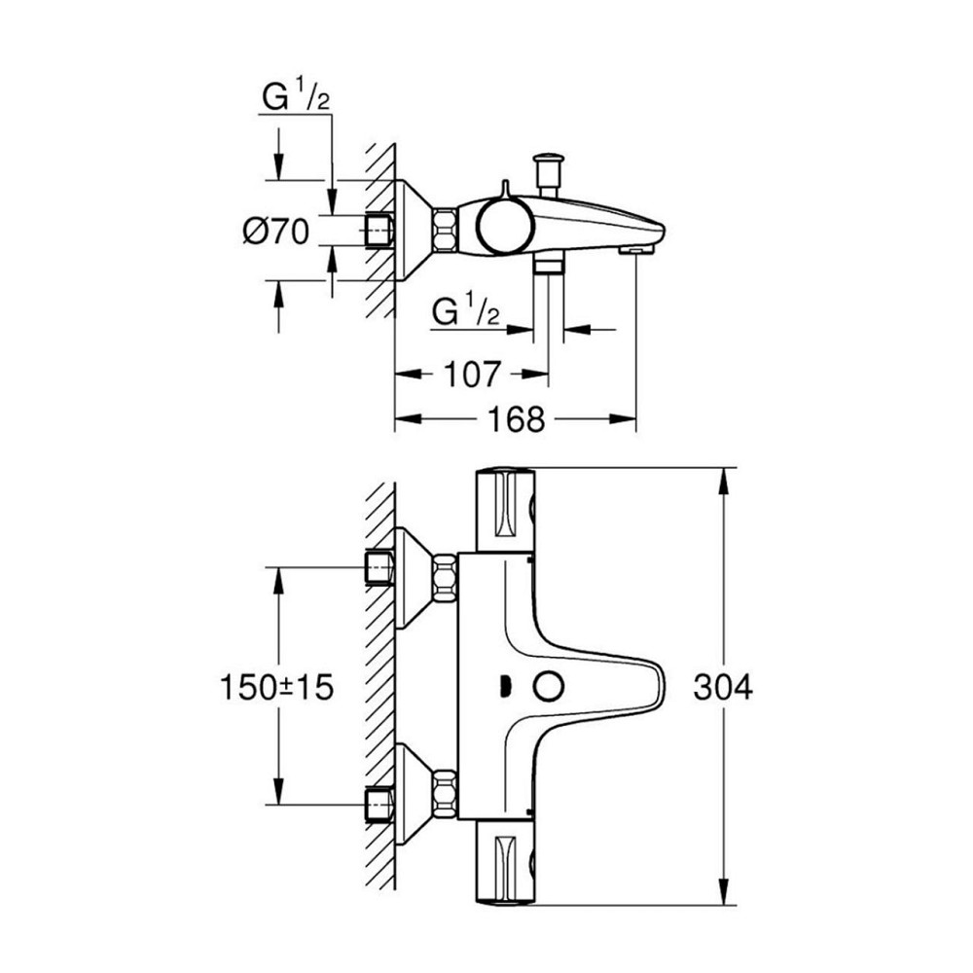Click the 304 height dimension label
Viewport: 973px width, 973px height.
[723, 688]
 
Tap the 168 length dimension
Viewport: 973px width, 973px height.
[513, 420]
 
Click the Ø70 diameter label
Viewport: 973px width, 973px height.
[275, 232]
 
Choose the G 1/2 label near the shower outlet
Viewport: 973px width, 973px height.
[465, 312]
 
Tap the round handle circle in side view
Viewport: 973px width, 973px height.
[504, 226]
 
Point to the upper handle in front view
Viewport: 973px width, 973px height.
[506, 508]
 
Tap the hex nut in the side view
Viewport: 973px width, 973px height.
[445, 232]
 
